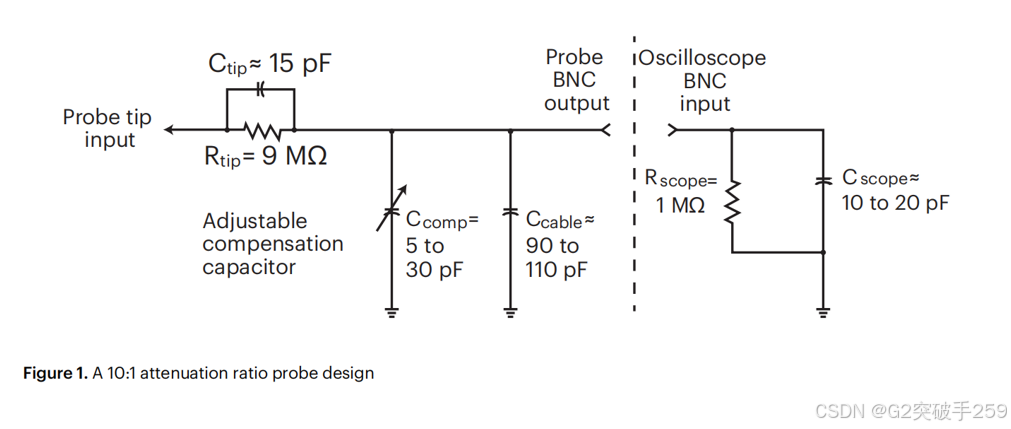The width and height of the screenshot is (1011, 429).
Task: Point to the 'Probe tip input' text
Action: point(108,128)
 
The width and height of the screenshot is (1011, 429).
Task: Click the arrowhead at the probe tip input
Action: point(171,130)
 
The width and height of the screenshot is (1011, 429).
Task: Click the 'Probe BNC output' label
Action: point(577,80)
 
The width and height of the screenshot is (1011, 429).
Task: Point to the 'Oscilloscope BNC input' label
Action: point(704,80)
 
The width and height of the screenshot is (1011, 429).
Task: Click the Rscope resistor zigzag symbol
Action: point(732,203)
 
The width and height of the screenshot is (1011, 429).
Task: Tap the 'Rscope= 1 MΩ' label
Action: point(681,193)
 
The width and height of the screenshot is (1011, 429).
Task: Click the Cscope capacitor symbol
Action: point(823,181)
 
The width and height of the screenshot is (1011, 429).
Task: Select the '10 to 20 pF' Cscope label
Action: point(895,203)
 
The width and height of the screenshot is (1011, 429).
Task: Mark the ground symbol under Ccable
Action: point(511,313)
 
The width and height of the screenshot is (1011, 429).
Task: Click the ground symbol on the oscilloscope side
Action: point(823,313)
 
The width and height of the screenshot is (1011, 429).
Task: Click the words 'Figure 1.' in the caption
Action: point(55,374)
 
